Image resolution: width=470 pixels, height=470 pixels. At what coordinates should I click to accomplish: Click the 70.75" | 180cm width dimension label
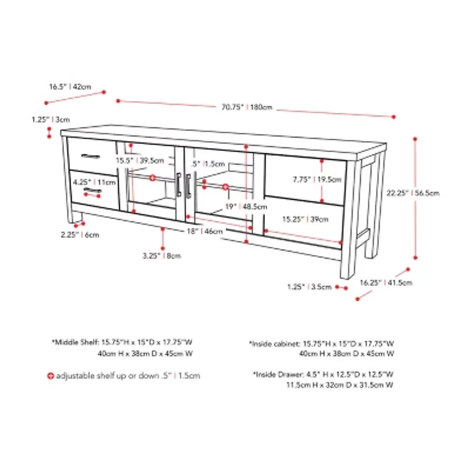point(247,107)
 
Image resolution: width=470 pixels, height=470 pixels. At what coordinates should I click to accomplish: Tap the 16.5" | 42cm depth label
point(70,87)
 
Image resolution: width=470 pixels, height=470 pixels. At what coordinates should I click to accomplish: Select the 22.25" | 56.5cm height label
point(413,193)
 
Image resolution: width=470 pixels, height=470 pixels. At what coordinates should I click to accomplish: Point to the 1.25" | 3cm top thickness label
point(51,120)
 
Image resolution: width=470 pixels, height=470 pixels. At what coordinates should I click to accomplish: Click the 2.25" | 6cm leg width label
point(80,234)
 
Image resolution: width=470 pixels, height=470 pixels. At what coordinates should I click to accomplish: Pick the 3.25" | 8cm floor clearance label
point(162,256)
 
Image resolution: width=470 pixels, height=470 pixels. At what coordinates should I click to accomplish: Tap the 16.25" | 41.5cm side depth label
point(386,283)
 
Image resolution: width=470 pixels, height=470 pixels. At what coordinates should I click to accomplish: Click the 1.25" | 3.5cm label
point(310,287)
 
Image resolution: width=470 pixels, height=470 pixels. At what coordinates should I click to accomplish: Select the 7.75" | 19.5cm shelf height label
point(317,180)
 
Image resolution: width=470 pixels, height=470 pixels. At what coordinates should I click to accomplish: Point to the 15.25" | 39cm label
point(305,219)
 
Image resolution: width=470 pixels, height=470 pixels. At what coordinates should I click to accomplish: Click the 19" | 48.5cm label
point(246,207)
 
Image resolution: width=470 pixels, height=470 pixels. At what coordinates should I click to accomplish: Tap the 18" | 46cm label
point(204,231)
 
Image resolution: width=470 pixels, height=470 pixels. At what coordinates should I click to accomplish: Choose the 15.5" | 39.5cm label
point(140,160)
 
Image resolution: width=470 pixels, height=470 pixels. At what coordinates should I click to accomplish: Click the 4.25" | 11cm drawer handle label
point(94,182)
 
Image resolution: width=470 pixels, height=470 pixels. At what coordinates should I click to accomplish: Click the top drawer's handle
point(90,156)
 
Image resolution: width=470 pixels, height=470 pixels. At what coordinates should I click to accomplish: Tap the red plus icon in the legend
point(51,375)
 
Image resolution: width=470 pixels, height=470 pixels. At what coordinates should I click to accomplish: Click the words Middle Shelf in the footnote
point(76,342)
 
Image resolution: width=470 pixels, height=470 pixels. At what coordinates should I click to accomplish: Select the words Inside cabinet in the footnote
point(276,344)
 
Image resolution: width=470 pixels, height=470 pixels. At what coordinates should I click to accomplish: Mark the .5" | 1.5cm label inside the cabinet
point(208,164)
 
